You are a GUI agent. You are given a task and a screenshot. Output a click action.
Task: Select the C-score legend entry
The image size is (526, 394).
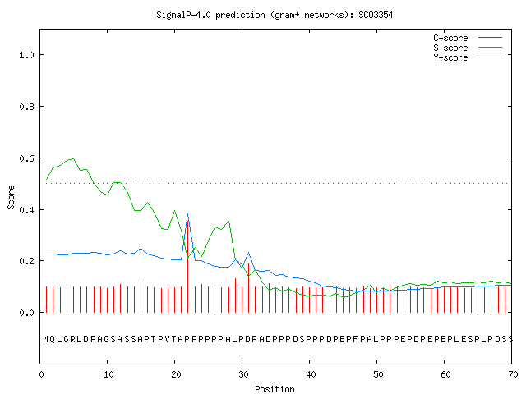tap(468, 38)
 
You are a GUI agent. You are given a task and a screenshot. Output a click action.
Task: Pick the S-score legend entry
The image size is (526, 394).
tap(468, 48)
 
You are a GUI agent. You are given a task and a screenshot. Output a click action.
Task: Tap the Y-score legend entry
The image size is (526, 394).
tap(468, 57)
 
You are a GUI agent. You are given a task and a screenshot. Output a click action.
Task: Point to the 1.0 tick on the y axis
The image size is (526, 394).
tap(27, 55)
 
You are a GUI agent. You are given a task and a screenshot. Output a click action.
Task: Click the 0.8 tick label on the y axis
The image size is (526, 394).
tap(27, 107)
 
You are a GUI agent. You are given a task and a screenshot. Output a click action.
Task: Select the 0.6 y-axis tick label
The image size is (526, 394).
tap(27, 158)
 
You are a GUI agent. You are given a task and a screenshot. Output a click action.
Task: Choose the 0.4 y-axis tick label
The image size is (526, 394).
tap(27, 210)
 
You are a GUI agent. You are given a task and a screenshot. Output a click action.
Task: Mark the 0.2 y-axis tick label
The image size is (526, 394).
tap(27, 261)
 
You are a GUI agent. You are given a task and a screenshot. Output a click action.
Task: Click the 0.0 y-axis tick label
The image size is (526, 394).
tap(27, 313)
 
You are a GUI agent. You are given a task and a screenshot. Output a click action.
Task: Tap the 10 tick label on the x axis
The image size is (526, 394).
tap(108, 374)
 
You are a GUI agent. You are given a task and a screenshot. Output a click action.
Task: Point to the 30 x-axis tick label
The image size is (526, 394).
tap(243, 374)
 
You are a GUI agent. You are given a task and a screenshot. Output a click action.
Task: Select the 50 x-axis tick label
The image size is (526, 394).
tap(378, 374)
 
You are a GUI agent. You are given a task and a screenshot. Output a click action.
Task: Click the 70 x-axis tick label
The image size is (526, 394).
tap(513, 374)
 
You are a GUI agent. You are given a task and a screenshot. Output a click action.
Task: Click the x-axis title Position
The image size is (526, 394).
tap(275, 389)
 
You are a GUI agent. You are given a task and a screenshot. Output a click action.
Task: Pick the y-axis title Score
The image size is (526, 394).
tap(11, 197)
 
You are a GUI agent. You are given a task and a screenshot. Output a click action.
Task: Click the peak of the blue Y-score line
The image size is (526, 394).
tap(188, 213)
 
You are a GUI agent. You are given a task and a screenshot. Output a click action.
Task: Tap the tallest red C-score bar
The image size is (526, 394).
tap(188, 266)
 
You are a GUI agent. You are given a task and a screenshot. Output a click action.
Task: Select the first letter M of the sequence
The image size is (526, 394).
tap(46, 339)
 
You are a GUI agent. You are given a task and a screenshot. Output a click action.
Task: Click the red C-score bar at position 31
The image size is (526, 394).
tap(248, 288)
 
